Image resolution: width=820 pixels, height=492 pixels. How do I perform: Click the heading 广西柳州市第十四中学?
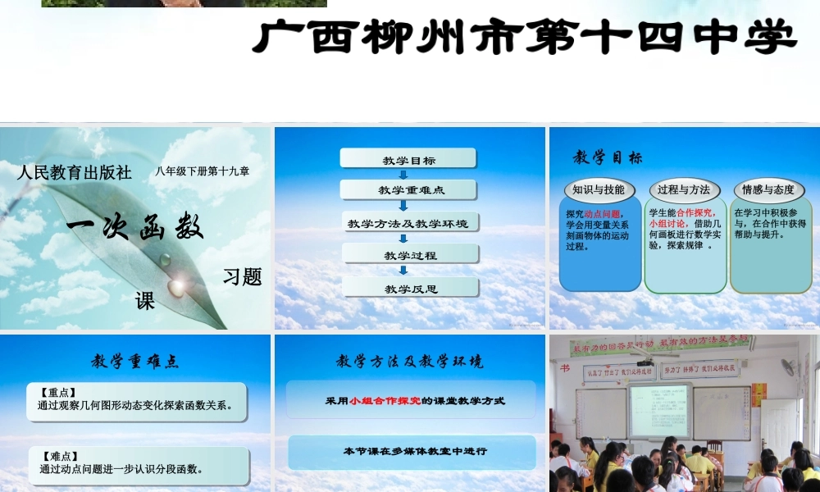pyautogui.click(x=525, y=37)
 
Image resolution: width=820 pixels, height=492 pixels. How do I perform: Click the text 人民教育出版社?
pyautogui.click(x=74, y=173)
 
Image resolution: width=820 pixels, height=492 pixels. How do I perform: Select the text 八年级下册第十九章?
pyautogui.click(x=203, y=171)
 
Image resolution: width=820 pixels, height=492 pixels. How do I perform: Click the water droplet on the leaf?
pyautogui.click(x=175, y=286)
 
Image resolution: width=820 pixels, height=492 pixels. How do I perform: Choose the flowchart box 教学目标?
pyautogui.click(x=408, y=159)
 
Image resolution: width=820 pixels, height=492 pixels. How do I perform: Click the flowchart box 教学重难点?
pyautogui.click(x=408, y=190)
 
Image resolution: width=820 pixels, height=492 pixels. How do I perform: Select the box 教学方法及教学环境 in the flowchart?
pyautogui.click(x=408, y=223)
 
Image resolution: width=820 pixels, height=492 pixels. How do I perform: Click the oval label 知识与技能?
pyautogui.click(x=599, y=190)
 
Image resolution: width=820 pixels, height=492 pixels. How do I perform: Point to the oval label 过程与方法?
pyautogui.click(x=684, y=190)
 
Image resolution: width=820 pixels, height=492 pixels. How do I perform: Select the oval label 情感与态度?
pyautogui.click(x=768, y=190)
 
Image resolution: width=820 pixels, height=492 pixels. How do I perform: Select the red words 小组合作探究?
pyautogui.click(x=385, y=401)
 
